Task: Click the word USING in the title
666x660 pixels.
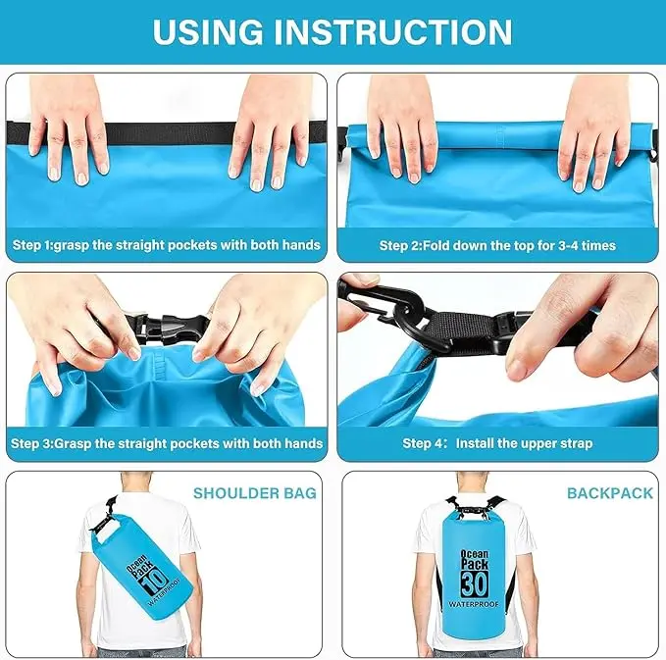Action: [x=208, y=31]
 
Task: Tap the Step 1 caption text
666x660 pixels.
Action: [x=167, y=245]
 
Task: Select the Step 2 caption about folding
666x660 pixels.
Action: [x=497, y=245]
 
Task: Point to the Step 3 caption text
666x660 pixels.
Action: [x=167, y=444]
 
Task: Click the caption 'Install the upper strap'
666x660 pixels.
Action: [x=524, y=444]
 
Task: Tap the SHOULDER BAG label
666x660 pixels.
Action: [x=255, y=493]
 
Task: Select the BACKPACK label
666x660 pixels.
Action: [x=610, y=493]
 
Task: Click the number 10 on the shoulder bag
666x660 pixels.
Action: [x=154, y=582]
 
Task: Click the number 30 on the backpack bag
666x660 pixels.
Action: [x=475, y=584]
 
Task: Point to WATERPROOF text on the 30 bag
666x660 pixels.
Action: [x=474, y=604]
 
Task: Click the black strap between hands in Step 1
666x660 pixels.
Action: [x=171, y=133]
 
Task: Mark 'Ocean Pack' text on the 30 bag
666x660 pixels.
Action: [x=475, y=559]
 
